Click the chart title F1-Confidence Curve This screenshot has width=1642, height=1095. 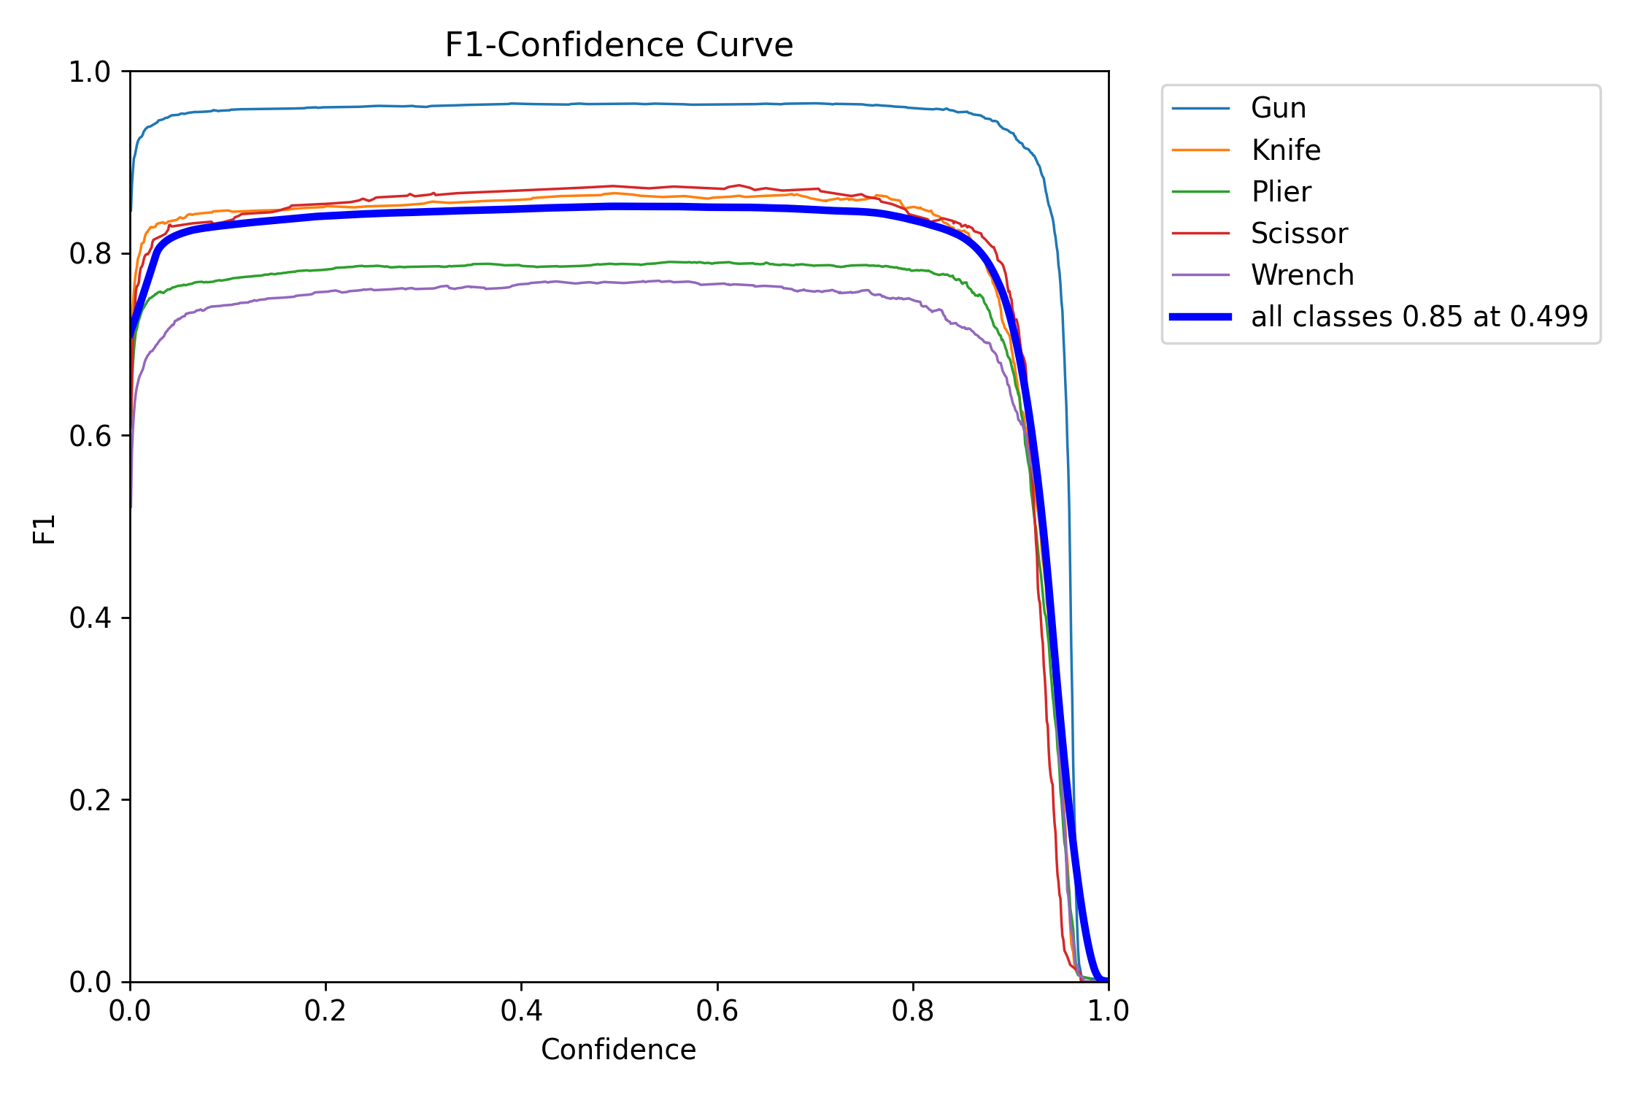pos(618,45)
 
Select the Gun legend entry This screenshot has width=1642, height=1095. pos(1278,108)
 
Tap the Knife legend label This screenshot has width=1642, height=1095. pos(1285,150)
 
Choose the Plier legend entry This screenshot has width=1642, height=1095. pos(1281,192)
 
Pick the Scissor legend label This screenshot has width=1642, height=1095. pos(1299,234)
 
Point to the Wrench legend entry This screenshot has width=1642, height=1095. pos(1302,275)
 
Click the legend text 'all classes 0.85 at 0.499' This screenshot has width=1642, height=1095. pos(1419,317)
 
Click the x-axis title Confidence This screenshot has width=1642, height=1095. pos(618,1050)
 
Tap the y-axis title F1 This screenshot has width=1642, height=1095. pos(45,529)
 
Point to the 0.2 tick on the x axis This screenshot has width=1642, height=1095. pos(325,1011)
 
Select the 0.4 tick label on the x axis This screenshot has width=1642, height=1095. pos(521,1011)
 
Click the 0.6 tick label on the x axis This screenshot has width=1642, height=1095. pos(717,1011)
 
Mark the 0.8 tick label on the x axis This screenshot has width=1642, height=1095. pos(913,1011)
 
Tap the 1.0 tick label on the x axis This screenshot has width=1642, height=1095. pos(1109,1011)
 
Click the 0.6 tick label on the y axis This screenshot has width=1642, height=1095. pos(90,436)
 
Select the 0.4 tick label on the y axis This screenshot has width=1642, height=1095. pos(90,618)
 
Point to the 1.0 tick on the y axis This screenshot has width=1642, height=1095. pos(90,72)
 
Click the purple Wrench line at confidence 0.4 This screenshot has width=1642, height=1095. pos(521,284)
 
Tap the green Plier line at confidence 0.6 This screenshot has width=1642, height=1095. pos(717,263)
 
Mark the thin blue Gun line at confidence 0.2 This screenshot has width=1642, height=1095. pos(325,107)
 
